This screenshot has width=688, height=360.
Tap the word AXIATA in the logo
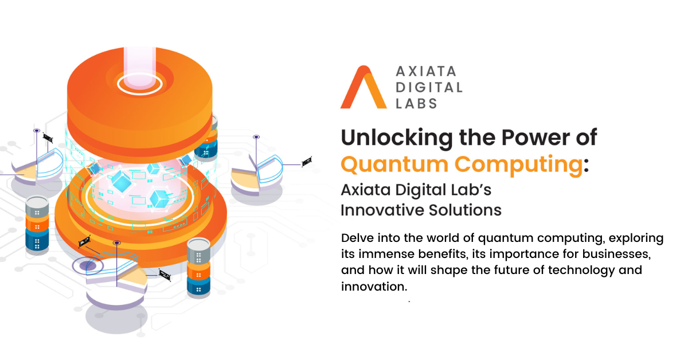tap(426, 72)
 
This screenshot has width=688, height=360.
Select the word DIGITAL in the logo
tap(429, 88)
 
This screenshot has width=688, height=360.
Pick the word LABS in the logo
tap(416, 104)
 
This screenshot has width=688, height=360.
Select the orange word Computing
tap(518, 165)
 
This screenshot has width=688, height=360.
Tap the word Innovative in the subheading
tap(382, 210)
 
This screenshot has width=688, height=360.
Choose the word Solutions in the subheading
tap(465, 210)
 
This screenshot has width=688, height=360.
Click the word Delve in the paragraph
tap(357, 238)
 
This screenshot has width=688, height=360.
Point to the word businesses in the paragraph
tap(616, 254)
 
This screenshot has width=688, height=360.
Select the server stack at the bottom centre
tap(198, 267)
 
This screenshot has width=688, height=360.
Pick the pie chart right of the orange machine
tap(257, 175)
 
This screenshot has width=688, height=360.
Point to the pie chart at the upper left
tap(37, 166)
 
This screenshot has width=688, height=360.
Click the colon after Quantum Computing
tap(586, 166)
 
